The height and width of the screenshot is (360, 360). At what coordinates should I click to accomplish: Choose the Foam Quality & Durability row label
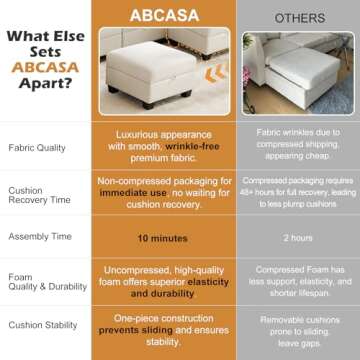tap(39, 281)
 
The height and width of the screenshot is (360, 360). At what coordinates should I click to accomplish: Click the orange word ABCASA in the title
tap(40, 68)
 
